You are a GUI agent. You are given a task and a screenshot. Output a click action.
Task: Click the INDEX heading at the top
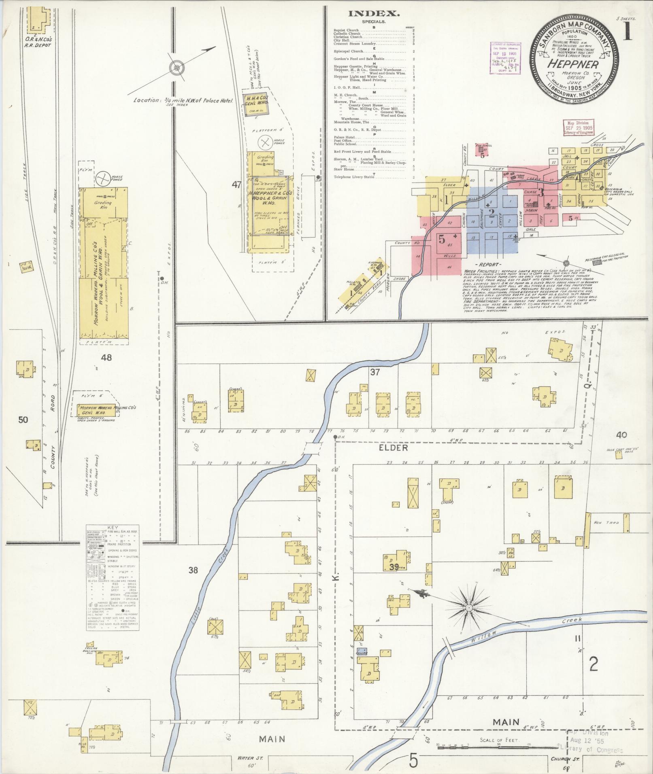pos(374,14)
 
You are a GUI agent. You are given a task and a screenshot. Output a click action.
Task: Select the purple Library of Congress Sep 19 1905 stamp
pos(505,57)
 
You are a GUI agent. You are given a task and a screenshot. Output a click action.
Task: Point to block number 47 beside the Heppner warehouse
pos(236,185)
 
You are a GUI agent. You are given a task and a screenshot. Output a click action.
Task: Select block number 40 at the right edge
pos(621,435)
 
